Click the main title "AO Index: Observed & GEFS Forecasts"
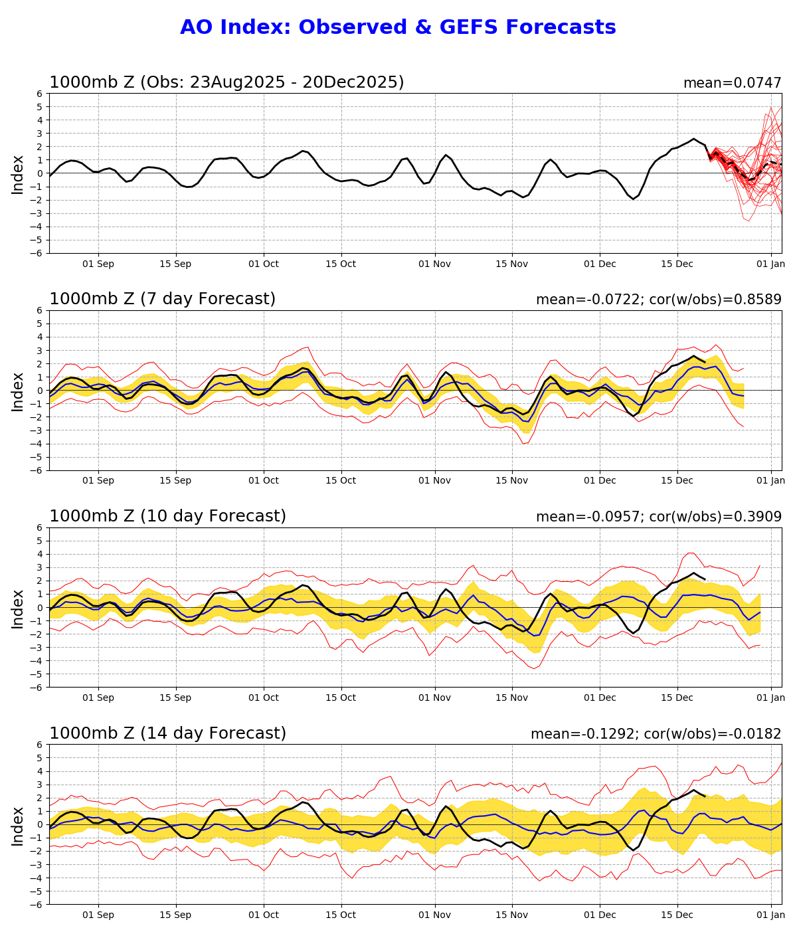pos(398,27)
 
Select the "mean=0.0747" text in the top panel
pos(732,83)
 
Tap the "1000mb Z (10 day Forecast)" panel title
pos(167,516)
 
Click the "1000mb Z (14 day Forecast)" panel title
pos(167,733)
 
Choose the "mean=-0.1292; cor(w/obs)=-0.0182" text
pos(656,734)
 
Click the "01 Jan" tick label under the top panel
pos(770,264)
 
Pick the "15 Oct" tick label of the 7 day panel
pos(341,481)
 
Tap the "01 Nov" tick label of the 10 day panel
pos(435,697)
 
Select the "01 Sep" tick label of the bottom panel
pos(98,915)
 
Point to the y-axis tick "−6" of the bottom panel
pos(38,904)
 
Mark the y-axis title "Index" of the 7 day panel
pos(18,391)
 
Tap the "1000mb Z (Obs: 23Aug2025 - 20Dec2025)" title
pos(226,82)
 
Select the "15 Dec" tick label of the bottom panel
pos(677,915)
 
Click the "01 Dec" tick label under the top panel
pos(599,264)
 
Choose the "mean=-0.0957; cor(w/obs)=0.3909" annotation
pos(658,517)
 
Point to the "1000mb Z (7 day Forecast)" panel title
pos(162,299)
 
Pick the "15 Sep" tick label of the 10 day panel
pos(175,697)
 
